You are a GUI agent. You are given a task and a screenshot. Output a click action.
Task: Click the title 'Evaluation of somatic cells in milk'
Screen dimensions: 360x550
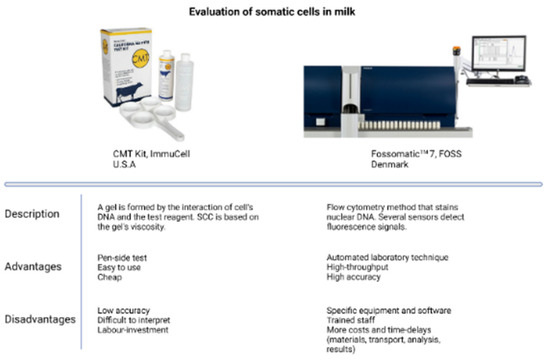275,11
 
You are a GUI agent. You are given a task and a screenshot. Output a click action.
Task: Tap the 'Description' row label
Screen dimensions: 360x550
33,215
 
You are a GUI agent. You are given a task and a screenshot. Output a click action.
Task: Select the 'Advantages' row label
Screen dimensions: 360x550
33,268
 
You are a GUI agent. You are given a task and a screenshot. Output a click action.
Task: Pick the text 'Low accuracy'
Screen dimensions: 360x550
123,310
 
